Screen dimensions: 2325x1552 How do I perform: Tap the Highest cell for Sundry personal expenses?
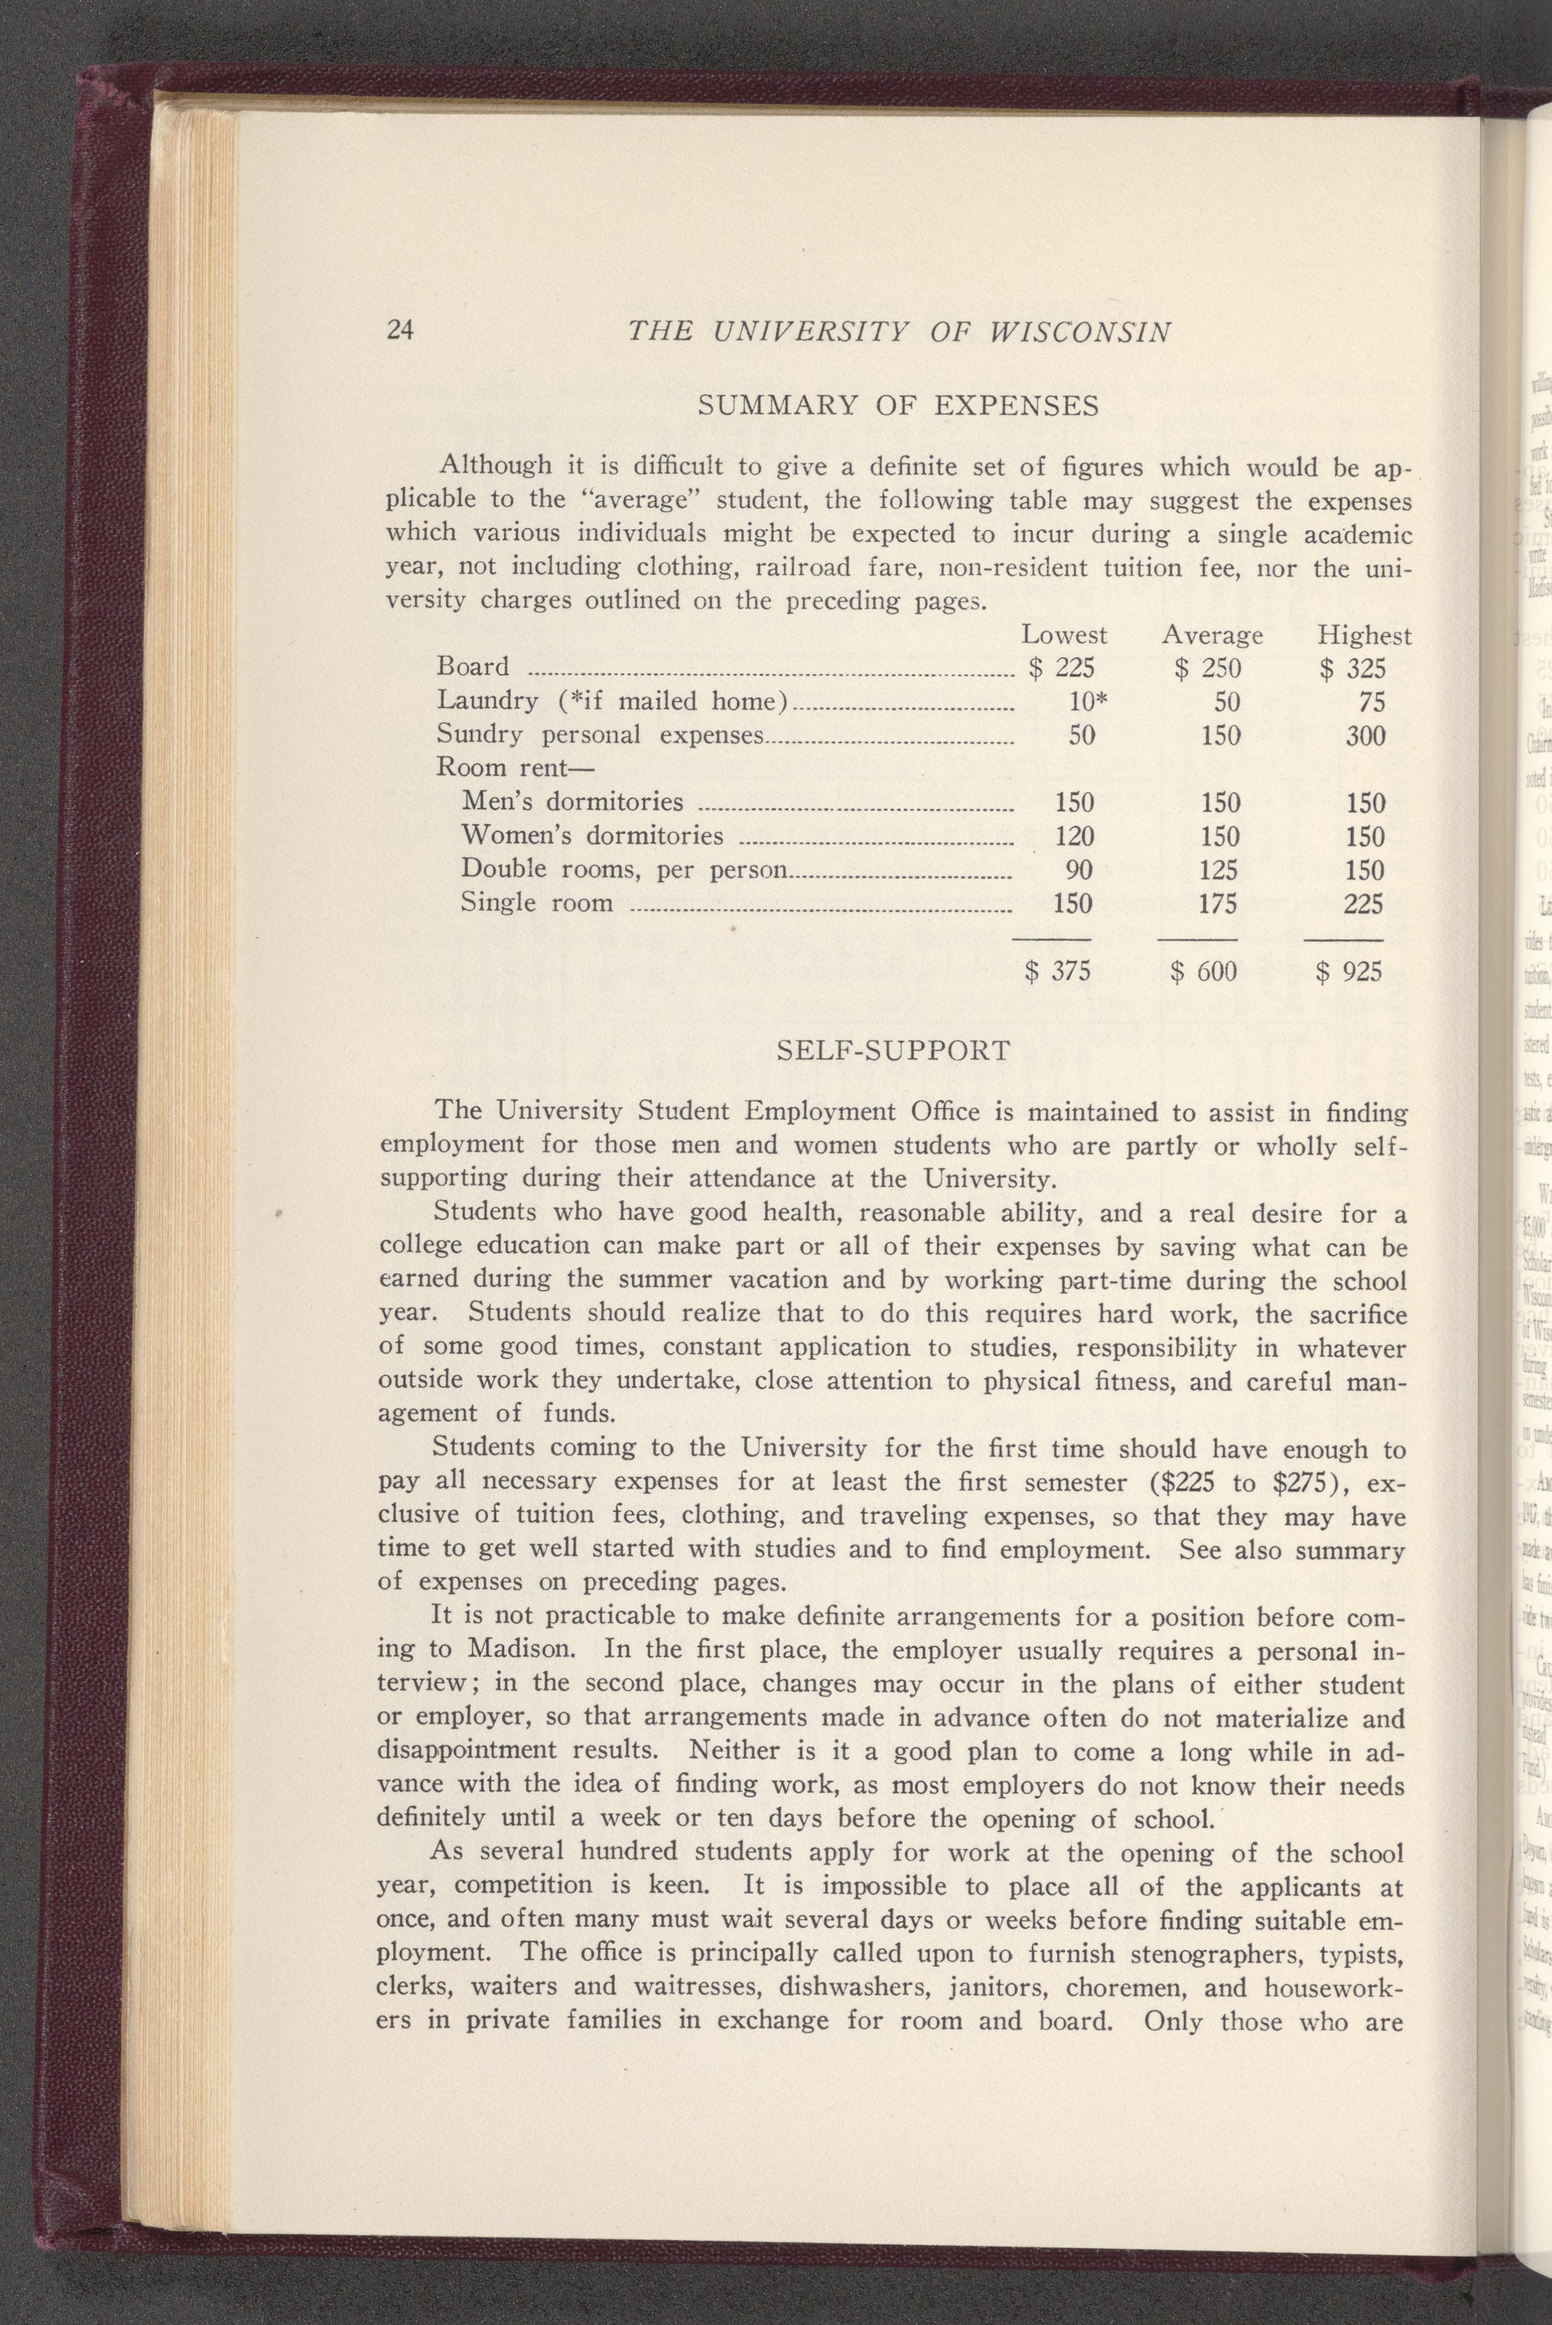1364,735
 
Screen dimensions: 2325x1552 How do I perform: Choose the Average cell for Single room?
1219,904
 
